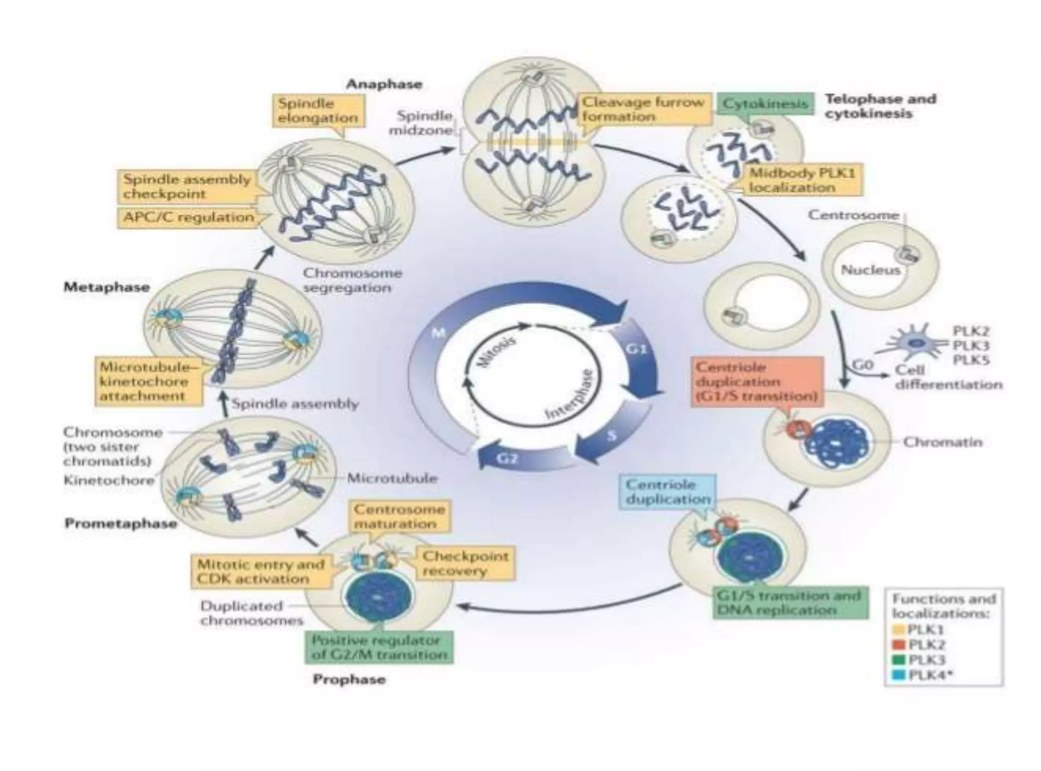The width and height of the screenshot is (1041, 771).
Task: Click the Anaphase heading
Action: pyautogui.click(x=384, y=84)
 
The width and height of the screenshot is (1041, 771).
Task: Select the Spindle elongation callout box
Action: pyautogui.click(x=318, y=111)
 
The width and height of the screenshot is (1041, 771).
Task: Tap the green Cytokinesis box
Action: pyautogui.click(x=765, y=104)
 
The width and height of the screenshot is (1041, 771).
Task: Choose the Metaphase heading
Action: pyautogui.click(x=107, y=287)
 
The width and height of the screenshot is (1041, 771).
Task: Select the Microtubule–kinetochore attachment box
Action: pyautogui.click(x=148, y=381)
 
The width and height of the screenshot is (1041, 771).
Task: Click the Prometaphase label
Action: pyautogui.click(x=120, y=524)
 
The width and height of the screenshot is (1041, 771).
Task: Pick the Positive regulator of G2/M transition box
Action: pyautogui.click(x=379, y=647)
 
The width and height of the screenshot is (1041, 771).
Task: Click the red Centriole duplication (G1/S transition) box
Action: pyautogui.click(x=757, y=381)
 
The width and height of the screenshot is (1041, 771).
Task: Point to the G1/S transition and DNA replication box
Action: pyautogui.click(x=789, y=603)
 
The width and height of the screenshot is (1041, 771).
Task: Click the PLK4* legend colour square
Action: pyautogui.click(x=899, y=675)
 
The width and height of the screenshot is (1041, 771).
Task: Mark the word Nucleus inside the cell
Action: pyautogui.click(x=870, y=270)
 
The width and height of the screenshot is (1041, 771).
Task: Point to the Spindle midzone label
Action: pyautogui.click(x=420, y=123)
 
